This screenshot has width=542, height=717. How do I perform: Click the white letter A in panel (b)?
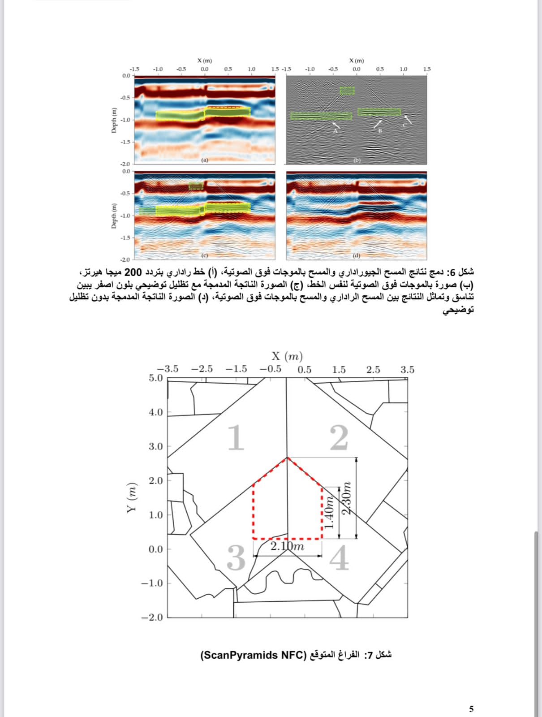tap(335, 131)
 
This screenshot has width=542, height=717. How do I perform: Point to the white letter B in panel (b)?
tap(379, 130)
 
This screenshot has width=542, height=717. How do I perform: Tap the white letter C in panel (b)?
tap(404, 125)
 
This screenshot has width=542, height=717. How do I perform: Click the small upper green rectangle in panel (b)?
tap(347, 91)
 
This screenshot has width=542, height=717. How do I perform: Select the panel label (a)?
tap(205, 160)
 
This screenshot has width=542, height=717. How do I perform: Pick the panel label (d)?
tap(357, 255)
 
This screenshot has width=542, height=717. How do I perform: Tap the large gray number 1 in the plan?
tap(236, 438)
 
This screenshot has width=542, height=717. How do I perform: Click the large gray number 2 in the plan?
tap(339, 438)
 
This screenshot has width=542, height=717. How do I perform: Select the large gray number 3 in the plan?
tap(236, 558)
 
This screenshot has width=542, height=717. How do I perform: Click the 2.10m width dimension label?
tap(288, 546)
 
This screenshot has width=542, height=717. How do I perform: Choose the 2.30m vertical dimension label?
tap(346, 498)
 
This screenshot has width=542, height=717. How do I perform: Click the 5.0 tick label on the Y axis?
tap(156, 378)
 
